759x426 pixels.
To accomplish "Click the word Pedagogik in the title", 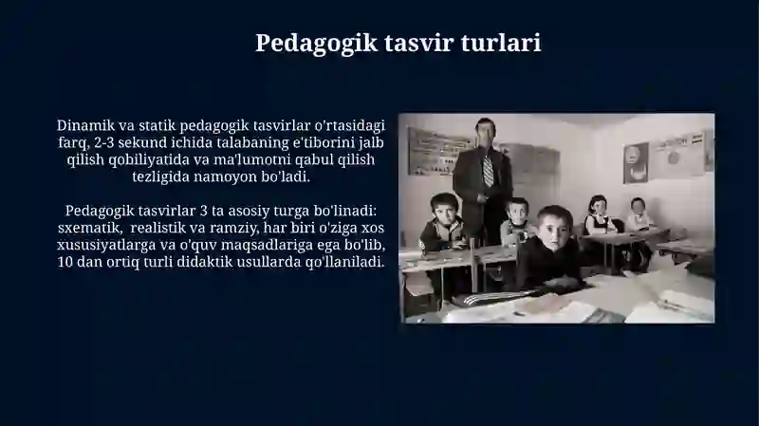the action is click(x=316, y=44).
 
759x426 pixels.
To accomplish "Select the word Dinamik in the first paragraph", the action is click(x=85, y=125).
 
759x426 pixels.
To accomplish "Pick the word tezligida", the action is click(x=160, y=177).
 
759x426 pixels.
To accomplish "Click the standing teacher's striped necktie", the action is click(x=488, y=169).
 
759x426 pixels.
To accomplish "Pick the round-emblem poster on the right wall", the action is click(x=635, y=162).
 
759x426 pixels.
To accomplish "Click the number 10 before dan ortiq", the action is click(x=65, y=263).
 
